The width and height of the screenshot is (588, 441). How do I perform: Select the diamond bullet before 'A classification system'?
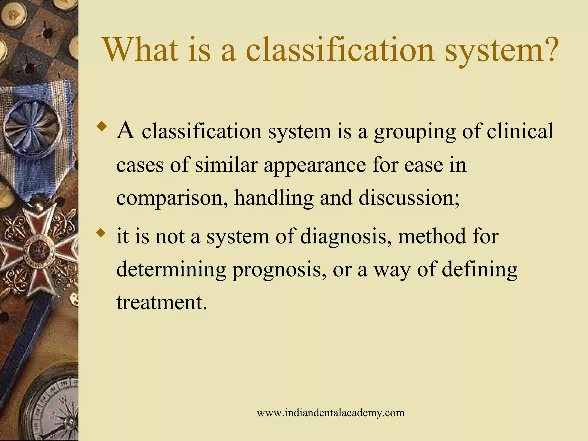click(x=102, y=127)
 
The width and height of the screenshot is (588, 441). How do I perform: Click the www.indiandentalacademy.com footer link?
click(x=330, y=413)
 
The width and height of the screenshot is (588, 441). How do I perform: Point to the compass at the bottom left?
click(x=52, y=408)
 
